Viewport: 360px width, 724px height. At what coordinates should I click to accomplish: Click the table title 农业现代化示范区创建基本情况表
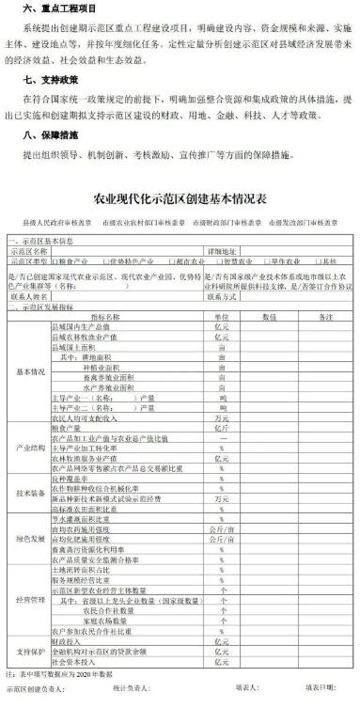180,200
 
